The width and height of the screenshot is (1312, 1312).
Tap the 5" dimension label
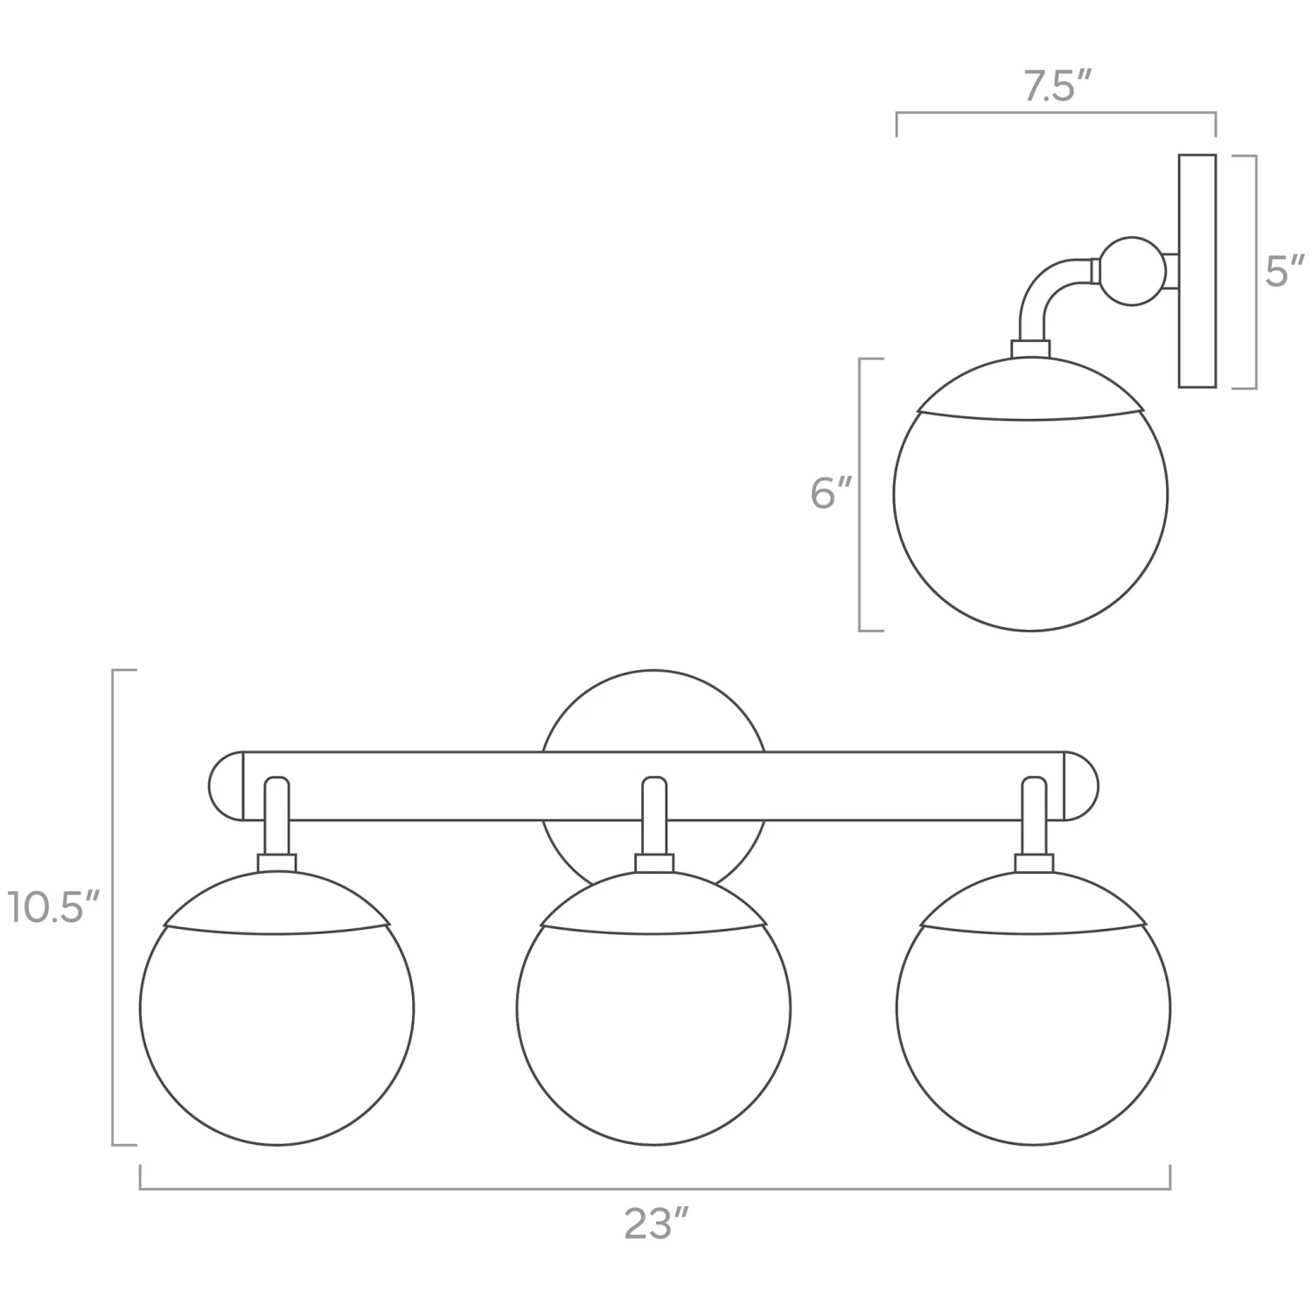click(1284, 273)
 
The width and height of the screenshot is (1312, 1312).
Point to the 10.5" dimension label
click(55, 909)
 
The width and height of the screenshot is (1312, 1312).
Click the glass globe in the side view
click(1030, 516)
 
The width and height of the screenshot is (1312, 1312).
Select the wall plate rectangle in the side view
click(1197, 271)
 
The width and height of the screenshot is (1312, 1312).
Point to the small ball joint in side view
click(1132, 271)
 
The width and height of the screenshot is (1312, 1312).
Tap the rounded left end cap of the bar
click(226, 786)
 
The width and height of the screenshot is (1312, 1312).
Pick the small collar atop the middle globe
click(653, 863)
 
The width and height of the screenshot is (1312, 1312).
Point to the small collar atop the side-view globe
click(1030, 348)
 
